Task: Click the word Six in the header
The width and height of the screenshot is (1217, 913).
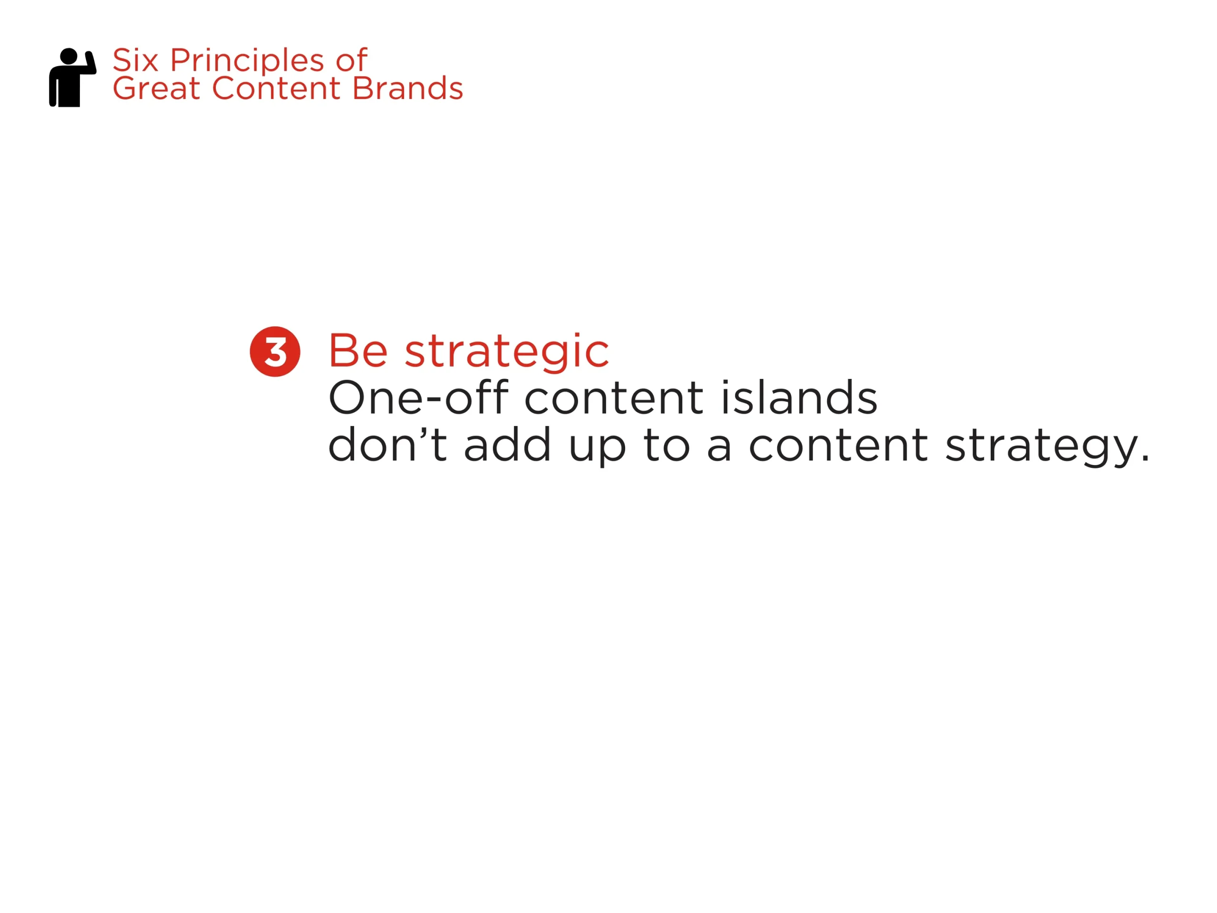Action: (x=135, y=60)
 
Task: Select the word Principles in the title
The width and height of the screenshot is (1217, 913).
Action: (x=247, y=62)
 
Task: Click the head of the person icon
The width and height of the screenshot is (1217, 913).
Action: (x=68, y=56)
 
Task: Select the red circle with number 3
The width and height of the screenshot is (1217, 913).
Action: (x=275, y=352)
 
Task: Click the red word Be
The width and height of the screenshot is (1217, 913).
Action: (x=358, y=351)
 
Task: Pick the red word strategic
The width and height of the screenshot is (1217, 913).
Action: (x=507, y=352)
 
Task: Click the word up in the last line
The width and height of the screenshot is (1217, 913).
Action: (x=597, y=448)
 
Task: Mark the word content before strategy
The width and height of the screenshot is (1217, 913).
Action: (x=838, y=445)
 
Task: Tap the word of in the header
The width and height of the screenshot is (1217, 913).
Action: (x=351, y=60)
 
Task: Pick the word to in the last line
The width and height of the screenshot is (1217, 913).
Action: (x=666, y=445)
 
